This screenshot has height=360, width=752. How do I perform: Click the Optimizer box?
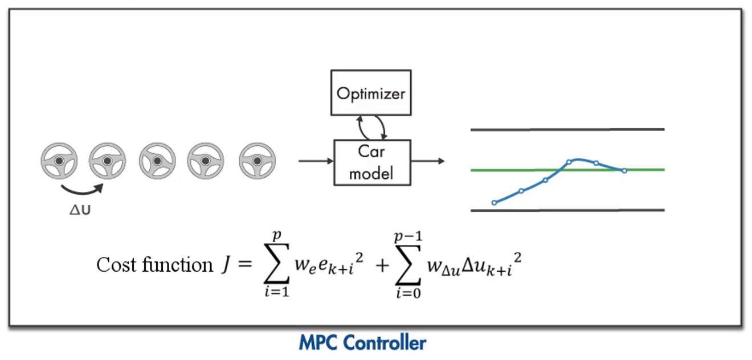click(371, 92)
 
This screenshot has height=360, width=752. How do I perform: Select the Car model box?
click(371, 162)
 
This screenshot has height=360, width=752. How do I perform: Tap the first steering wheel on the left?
click(59, 162)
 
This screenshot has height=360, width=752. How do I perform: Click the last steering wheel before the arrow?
click(257, 162)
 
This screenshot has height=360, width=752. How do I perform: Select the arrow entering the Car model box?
click(315, 161)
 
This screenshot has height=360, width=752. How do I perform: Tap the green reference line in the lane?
click(649, 169)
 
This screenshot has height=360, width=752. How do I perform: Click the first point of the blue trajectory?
click(494, 202)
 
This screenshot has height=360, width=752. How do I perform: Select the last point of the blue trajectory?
click(624, 170)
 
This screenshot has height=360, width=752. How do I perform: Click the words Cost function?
click(154, 265)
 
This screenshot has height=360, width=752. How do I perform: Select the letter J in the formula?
click(225, 265)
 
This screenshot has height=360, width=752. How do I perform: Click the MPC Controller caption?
click(362, 343)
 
